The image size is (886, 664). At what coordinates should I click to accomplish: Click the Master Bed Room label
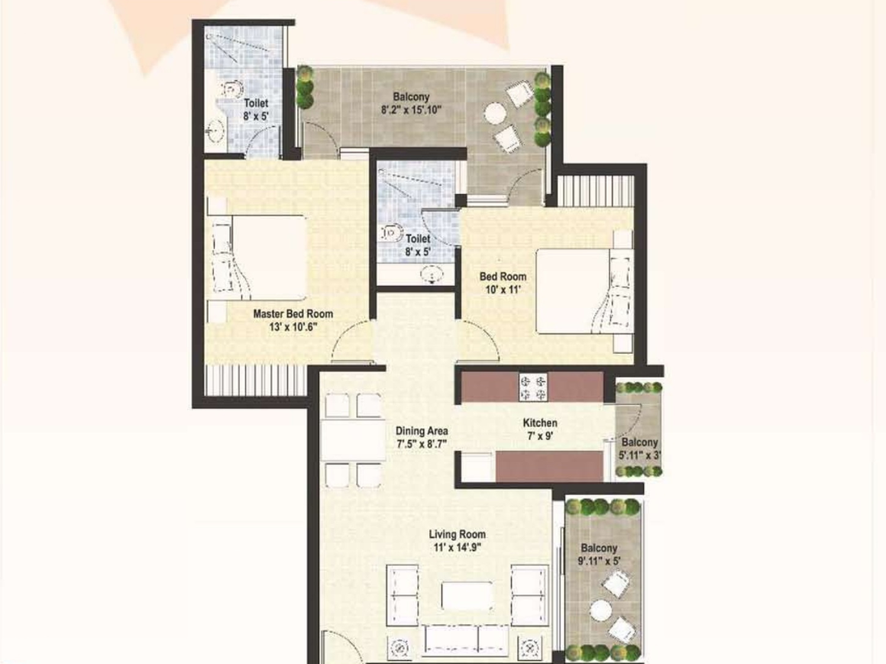293,314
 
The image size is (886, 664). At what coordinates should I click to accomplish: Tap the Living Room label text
457,534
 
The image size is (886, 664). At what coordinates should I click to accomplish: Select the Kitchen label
539,423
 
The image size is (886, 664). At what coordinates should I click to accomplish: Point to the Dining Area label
422,430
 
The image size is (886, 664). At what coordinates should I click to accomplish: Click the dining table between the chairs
352,439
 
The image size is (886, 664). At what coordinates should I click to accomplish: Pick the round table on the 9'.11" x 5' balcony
601,611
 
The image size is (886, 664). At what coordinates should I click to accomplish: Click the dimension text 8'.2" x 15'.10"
412,109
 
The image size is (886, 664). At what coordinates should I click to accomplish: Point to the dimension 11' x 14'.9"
457,547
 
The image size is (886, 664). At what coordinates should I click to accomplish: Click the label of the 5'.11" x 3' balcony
639,442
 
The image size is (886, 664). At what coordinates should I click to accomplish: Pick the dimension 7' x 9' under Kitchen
539,436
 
